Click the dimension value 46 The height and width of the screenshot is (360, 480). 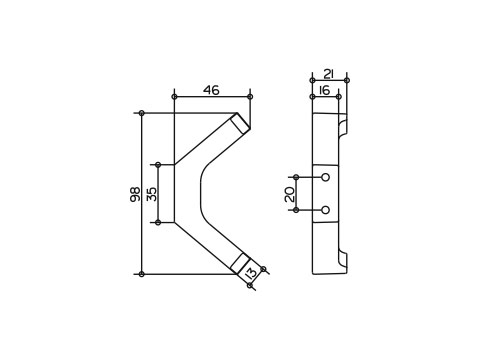click(x=212, y=90)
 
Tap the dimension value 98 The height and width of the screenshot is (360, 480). click(x=135, y=194)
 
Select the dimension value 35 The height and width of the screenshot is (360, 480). click(x=152, y=194)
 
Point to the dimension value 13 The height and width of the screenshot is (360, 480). click(x=251, y=273)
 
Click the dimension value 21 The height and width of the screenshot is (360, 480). click(x=329, y=74)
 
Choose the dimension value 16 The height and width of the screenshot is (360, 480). click(x=324, y=90)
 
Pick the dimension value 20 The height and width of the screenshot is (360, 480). click(x=290, y=194)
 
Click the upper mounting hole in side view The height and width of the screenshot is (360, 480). click(x=326, y=177)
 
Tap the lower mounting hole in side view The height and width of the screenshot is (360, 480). click(x=326, y=210)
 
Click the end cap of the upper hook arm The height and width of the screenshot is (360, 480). click(x=241, y=122)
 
